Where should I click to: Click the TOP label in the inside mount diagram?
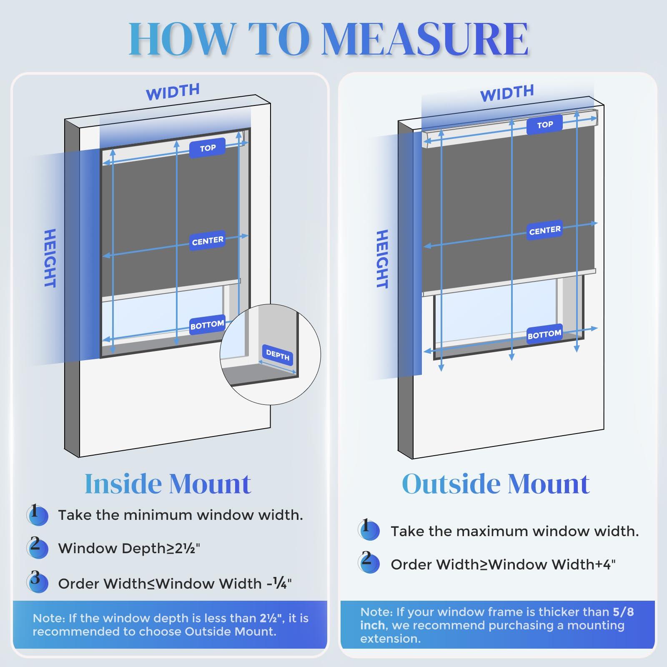point(208,148)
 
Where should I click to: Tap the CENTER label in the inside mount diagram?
point(208,241)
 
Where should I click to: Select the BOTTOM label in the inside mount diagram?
point(207,325)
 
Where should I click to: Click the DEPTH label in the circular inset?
point(278,355)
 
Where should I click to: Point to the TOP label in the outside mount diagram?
point(545,125)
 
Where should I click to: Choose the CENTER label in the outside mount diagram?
point(545,230)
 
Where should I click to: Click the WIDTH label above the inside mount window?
point(173,92)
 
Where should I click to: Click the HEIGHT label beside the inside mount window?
point(50,258)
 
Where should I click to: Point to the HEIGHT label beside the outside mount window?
point(382,259)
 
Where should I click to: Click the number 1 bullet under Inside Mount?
point(37,514)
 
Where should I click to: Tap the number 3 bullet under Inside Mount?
point(37,582)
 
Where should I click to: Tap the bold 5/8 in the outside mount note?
point(623,612)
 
